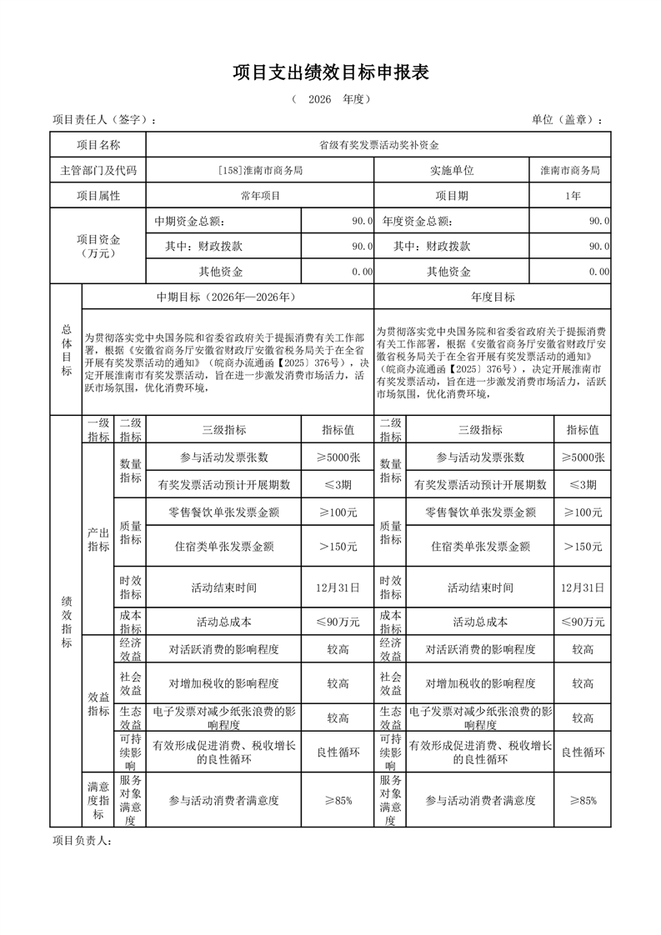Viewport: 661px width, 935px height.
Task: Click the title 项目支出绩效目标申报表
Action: pos(330,73)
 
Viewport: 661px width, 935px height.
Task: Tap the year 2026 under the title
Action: pos(319,99)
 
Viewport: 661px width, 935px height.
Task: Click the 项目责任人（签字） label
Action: pos(103,120)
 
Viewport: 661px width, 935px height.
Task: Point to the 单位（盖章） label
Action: pos(566,120)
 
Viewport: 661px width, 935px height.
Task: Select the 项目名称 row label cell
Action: pos(98,145)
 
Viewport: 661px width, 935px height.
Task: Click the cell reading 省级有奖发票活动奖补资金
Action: pos(378,145)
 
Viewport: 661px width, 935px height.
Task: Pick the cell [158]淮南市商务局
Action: pos(259,170)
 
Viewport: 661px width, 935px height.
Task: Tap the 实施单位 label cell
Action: pos(451,170)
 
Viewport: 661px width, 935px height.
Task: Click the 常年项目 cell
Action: pos(259,196)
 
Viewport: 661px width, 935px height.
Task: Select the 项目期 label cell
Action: pos(451,196)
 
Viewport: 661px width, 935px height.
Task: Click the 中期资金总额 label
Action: pos(189,222)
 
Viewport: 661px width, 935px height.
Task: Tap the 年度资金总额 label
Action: pos(417,222)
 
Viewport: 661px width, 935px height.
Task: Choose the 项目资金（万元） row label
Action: pos(98,246)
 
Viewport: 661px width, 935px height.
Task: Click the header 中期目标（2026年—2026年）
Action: pos(227,297)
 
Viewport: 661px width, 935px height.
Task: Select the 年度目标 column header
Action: pos(493,297)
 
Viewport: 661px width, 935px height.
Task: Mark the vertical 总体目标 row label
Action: pos(66,350)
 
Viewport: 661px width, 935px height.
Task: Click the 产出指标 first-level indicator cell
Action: pos(98,539)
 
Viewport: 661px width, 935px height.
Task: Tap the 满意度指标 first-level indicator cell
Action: pos(98,800)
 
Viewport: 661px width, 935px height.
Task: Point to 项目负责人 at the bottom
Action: pos(82,841)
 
